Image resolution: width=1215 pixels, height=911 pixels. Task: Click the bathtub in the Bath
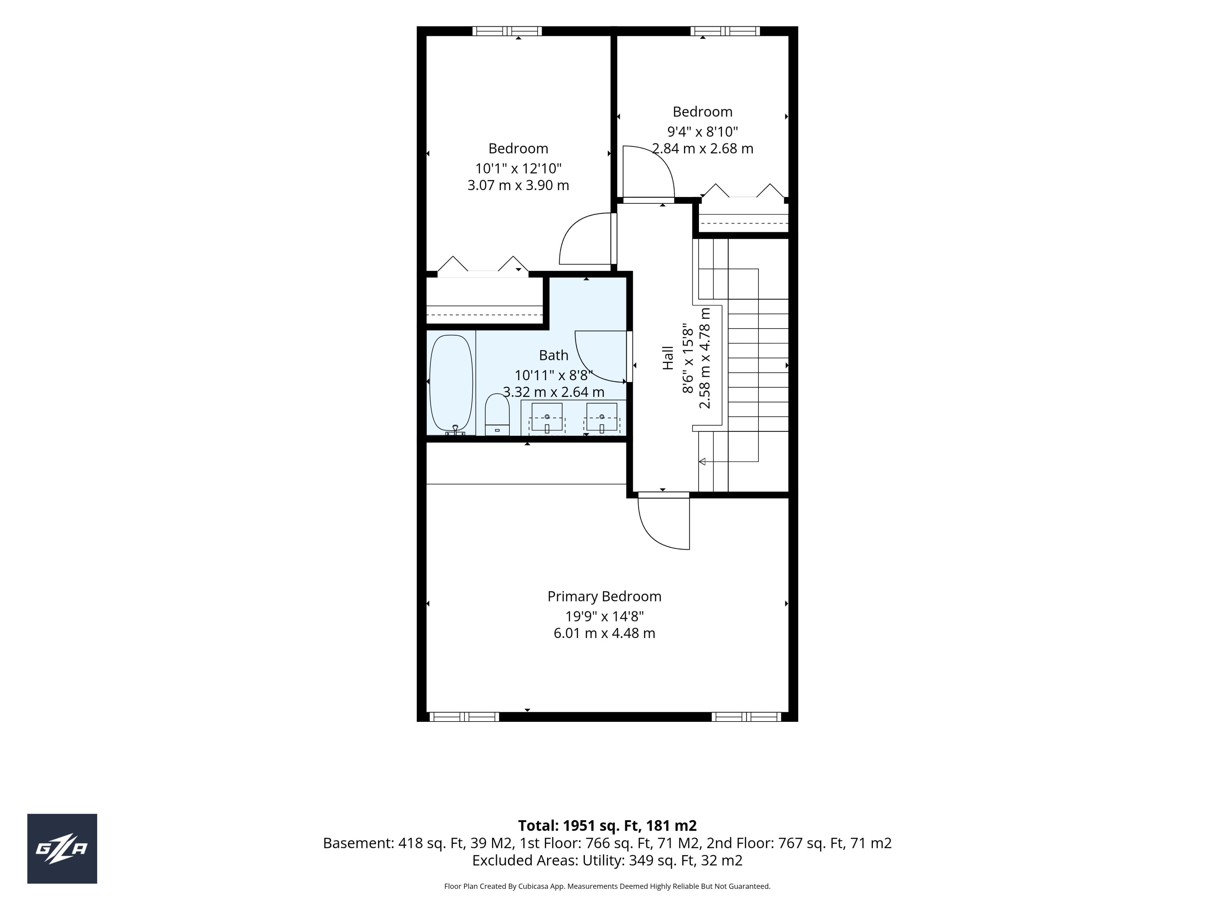451,384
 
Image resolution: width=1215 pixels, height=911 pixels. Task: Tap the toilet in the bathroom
497,415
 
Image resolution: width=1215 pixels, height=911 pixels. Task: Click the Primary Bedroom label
604,596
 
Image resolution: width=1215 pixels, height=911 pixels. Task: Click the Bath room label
554,355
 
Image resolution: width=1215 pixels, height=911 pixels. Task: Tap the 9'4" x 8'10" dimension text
702,132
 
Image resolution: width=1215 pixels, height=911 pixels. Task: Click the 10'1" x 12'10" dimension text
519,169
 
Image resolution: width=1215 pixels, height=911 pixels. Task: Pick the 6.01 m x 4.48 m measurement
604,633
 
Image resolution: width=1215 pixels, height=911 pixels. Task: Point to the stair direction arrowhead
702,462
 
